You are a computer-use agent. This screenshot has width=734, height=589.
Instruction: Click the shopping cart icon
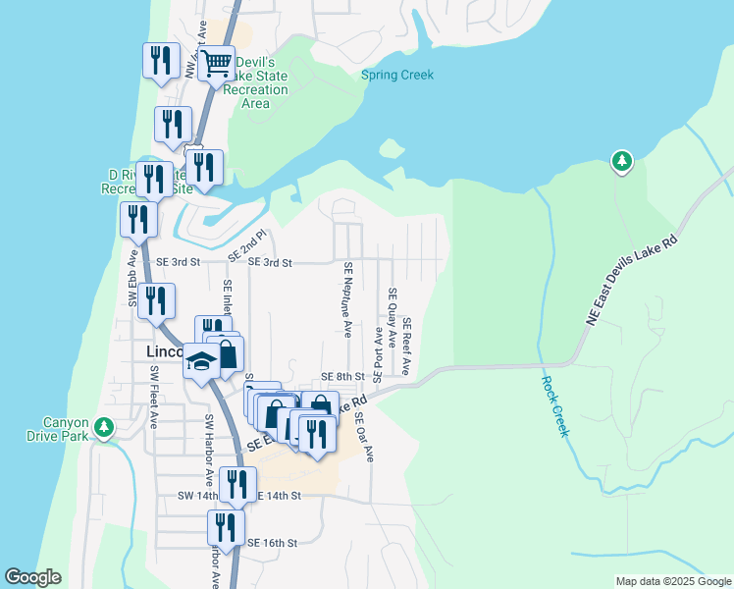216,65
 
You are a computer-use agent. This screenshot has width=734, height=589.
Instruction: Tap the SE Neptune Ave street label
348,299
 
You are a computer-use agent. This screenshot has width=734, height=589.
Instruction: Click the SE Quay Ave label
392,319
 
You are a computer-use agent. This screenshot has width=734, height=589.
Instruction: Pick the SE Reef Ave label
406,347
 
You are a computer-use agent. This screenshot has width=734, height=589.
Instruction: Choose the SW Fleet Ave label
154,399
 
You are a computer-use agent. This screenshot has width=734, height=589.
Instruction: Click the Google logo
32,577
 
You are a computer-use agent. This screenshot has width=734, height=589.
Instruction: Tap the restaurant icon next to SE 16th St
227,527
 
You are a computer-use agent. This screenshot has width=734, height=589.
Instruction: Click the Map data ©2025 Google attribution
672,581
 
